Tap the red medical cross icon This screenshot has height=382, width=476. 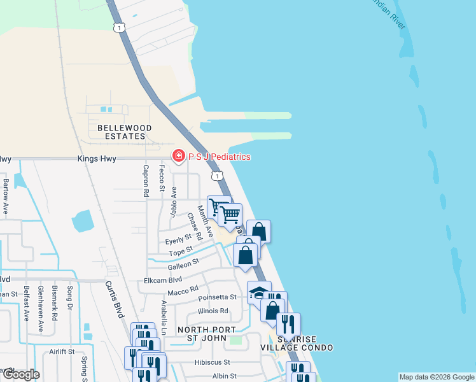[x=179, y=156]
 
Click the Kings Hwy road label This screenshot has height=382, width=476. [x=97, y=159]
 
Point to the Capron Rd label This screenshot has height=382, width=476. [x=146, y=180]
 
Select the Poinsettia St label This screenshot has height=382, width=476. [x=217, y=297]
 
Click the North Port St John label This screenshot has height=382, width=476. [x=206, y=334]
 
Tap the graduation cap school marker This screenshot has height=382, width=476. [x=258, y=293]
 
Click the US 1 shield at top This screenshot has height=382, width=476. [x=118, y=27]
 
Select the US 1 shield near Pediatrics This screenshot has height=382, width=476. [x=218, y=175]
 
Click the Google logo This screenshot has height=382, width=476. [x=20, y=374]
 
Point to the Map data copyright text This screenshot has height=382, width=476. [x=437, y=377]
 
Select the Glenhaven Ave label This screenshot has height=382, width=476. [x=41, y=317]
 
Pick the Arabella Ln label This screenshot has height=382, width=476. [x=164, y=318]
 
